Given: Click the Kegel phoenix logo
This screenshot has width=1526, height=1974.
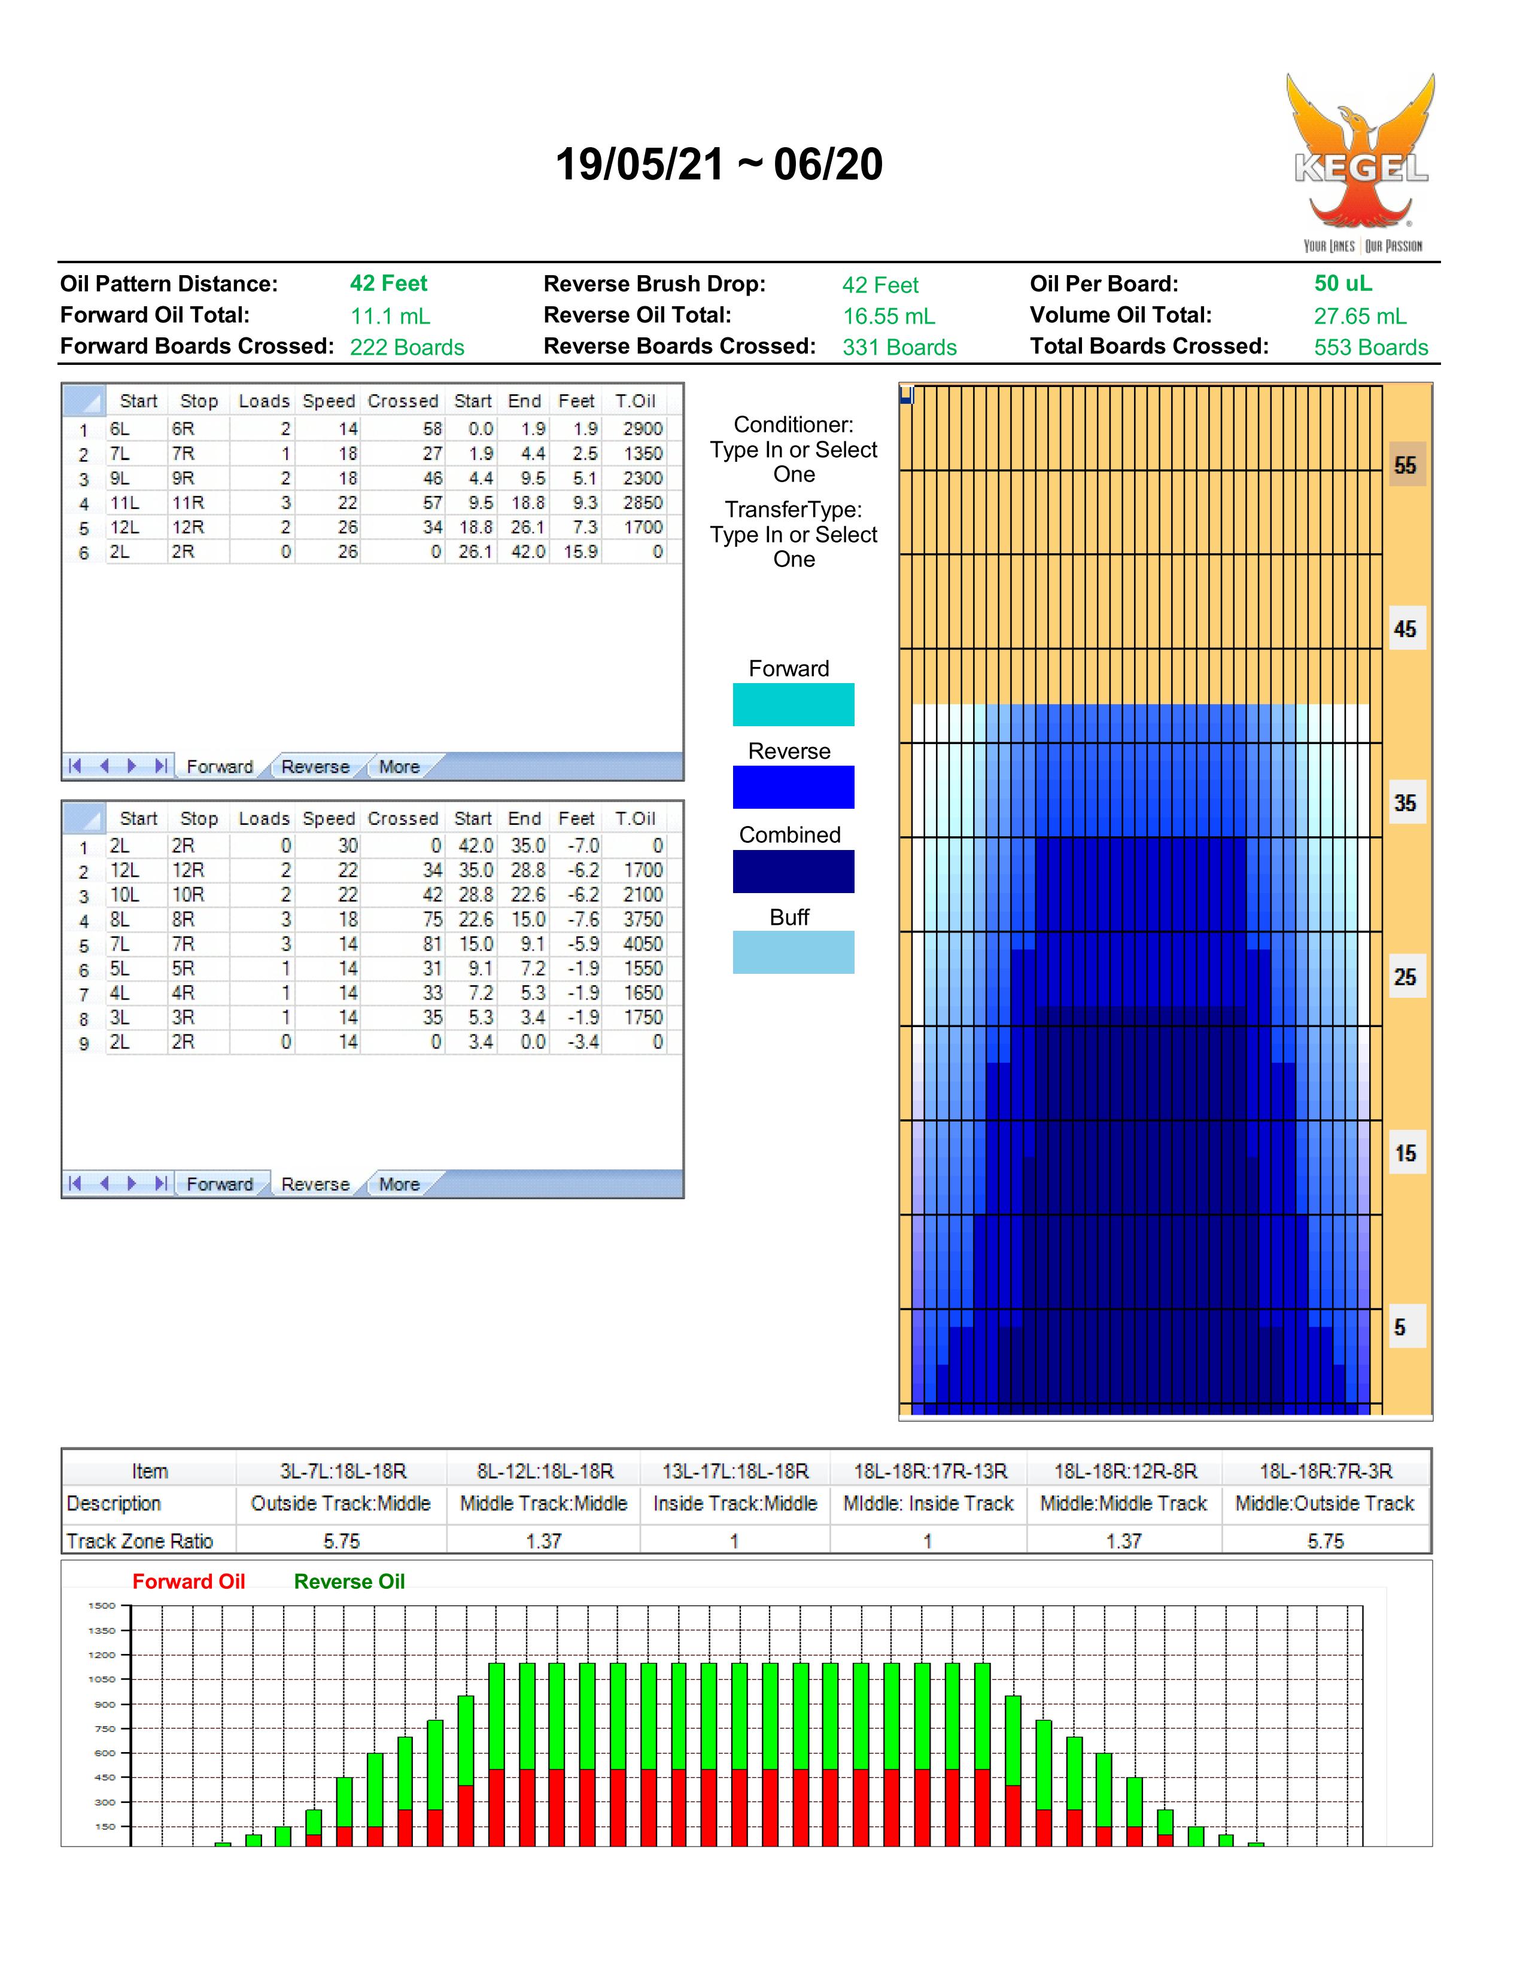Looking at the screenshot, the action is tap(1361, 163).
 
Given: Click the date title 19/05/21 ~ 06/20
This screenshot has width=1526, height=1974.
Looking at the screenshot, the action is tap(719, 164).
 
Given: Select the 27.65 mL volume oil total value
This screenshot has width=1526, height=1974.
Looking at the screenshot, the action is tap(1360, 316).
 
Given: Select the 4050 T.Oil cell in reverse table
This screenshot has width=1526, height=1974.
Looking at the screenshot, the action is tap(643, 943).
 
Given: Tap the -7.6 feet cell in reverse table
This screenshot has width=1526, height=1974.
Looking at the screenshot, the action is tap(577, 919).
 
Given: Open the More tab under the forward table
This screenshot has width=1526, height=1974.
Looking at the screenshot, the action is tap(399, 766).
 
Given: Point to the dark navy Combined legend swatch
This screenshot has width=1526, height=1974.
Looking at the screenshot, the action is tap(793, 872).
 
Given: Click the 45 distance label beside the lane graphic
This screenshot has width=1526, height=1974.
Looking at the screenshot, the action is tap(1405, 629).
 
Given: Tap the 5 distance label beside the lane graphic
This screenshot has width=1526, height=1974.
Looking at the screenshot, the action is tap(1400, 1328).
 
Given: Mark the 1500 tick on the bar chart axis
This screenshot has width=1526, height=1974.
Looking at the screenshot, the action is tap(102, 1606).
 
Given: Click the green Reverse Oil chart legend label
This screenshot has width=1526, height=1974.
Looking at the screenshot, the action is tap(349, 1582).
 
